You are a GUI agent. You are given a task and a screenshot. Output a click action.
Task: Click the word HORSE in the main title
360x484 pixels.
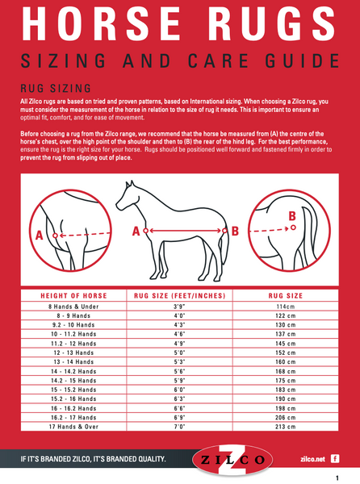click(x=101, y=23)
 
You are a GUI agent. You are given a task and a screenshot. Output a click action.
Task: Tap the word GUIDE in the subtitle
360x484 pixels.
click(x=303, y=60)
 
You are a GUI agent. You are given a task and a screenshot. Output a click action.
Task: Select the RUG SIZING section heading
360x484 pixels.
click(x=56, y=89)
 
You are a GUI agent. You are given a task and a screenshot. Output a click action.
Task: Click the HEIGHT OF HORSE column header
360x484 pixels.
click(x=73, y=296)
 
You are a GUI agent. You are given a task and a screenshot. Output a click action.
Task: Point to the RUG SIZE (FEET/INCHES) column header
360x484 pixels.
click(x=180, y=296)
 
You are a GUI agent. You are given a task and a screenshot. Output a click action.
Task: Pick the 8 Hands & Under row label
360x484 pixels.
click(x=73, y=307)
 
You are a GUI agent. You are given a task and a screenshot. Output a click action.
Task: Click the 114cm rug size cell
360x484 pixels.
click(x=285, y=307)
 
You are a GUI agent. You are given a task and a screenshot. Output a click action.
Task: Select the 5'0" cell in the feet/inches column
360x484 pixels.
click(x=179, y=353)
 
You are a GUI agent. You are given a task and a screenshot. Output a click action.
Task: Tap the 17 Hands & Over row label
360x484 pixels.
click(x=73, y=427)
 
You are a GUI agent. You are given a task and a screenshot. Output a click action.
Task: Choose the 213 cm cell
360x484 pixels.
click(x=285, y=427)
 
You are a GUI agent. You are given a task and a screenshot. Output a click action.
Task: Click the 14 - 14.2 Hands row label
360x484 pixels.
click(x=73, y=371)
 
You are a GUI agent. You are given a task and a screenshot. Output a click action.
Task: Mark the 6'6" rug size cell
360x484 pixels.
click(x=179, y=408)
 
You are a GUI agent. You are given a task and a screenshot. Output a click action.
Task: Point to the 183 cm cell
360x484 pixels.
click(x=285, y=390)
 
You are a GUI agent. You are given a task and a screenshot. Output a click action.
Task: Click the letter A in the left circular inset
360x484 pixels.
click(x=40, y=236)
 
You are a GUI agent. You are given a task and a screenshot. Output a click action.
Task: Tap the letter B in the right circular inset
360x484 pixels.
click(x=292, y=215)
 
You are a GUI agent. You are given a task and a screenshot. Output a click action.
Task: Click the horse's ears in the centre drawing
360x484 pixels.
click(x=130, y=184)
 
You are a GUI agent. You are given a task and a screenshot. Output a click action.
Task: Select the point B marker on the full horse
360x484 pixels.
click(x=224, y=231)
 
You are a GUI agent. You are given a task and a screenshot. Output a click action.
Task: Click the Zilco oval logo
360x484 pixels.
click(x=232, y=460)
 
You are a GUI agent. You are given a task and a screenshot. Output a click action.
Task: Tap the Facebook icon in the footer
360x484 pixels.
click(x=335, y=459)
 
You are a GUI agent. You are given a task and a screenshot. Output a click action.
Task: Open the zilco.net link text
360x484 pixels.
click(x=312, y=459)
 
